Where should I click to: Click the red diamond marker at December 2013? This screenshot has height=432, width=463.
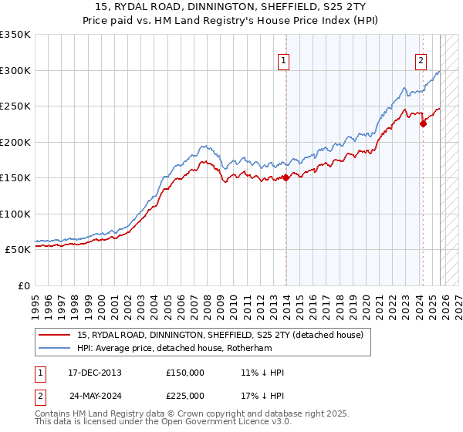pos(286,177)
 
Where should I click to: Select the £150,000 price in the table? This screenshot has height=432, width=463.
pos(185,373)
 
